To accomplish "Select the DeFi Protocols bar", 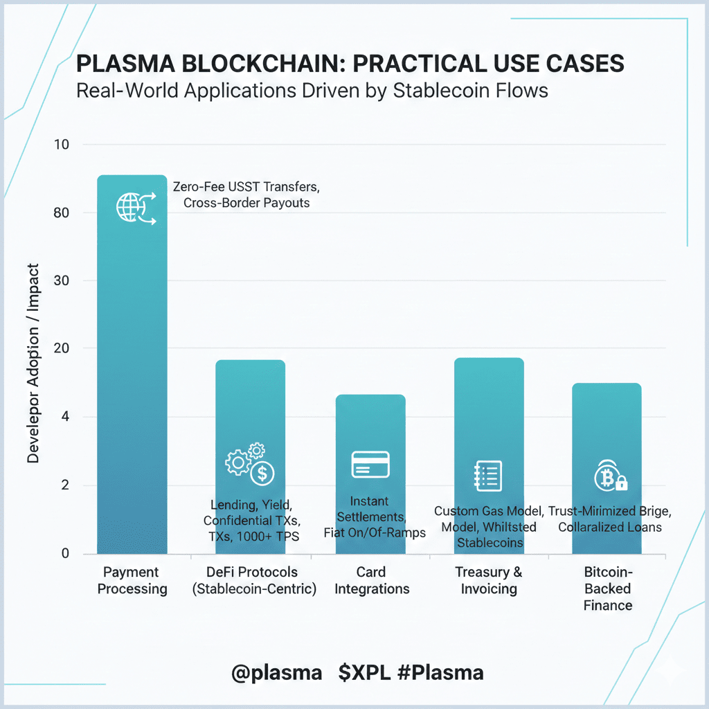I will coord(250,409).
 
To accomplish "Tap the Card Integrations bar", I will coord(370,429).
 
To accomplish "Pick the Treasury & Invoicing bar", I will coord(489,409).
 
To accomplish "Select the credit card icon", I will coord(370,464).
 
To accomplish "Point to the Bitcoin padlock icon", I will coord(610,476).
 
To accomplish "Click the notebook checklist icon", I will coord(487,476).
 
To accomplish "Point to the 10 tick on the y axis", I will coord(62,145).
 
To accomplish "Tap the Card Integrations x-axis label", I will coord(370,581).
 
